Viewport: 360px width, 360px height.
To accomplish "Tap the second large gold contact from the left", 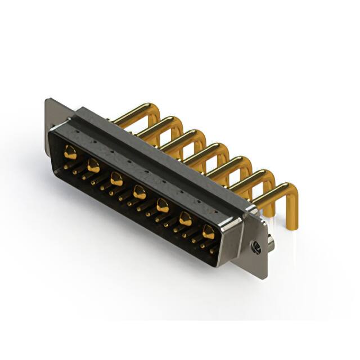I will pyautogui.click(x=93, y=165).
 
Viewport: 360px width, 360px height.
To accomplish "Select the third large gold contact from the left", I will pyautogui.click(x=116, y=179).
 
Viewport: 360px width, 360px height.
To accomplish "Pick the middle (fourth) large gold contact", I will pyautogui.click(x=139, y=193).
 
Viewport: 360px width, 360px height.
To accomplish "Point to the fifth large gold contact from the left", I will pyautogui.click(x=162, y=206).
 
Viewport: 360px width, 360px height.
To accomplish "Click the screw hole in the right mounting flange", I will pyautogui.click(x=256, y=246).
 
